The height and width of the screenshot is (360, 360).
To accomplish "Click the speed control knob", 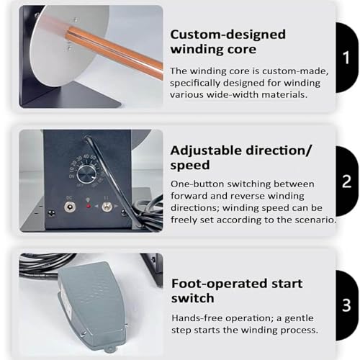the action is [x=86, y=175].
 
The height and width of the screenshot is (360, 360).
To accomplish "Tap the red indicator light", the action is [x=89, y=206].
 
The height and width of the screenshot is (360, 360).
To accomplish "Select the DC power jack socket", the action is [x=70, y=207].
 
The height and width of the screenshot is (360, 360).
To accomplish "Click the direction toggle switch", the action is [x=107, y=206].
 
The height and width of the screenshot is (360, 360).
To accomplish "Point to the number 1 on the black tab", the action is [x=346, y=58].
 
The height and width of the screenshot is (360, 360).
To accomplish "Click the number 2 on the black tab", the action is [x=346, y=181].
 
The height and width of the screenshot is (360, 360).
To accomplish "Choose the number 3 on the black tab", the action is [x=346, y=305].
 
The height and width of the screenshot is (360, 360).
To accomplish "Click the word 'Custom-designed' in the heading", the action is [x=228, y=35].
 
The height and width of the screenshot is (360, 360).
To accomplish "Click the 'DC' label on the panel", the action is [x=69, y=198].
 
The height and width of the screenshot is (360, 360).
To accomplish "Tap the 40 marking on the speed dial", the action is [x=86, y=156].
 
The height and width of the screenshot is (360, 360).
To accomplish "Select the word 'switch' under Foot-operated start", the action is [x=192, y=298].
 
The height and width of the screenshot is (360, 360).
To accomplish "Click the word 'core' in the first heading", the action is [x=243, y=50].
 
